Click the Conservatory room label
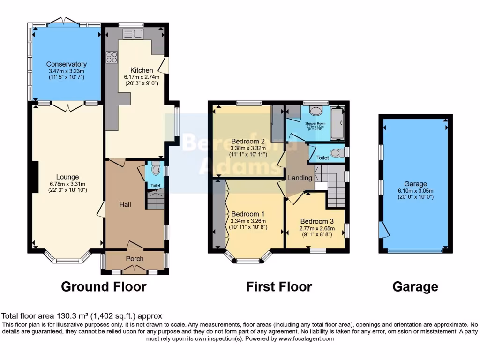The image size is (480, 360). [66, 64]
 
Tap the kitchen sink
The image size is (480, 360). [130, 33]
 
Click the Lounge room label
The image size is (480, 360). [68, 177]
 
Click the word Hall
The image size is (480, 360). [125, 205]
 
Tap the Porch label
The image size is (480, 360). [135, 259]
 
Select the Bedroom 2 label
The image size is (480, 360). [248, 141]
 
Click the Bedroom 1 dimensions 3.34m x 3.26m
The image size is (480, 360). [248, 222]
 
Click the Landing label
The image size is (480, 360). [300, 178]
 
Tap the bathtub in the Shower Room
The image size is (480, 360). [337, 123]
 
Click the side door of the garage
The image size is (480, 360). [385, 229]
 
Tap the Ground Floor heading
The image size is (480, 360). [104, 286]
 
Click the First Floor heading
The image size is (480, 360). [279, 286]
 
